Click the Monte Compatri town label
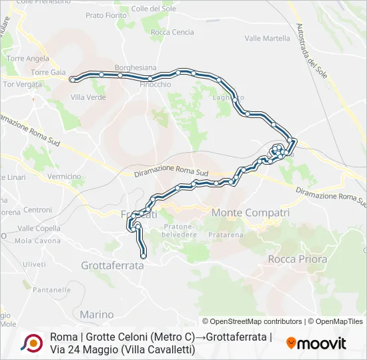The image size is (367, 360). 250,213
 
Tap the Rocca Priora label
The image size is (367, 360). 297,259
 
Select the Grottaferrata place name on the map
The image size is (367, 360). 113,265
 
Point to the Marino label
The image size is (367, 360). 97,314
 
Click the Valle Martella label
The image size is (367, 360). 267,39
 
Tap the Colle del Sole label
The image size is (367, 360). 153,9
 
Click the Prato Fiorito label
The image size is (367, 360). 106,15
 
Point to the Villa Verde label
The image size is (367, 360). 88,97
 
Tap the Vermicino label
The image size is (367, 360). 64,177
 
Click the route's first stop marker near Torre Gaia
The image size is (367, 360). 72,79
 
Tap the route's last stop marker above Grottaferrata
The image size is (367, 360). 143,255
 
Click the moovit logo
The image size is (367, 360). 316,343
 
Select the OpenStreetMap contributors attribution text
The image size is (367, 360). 252,321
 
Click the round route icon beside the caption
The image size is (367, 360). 31,343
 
